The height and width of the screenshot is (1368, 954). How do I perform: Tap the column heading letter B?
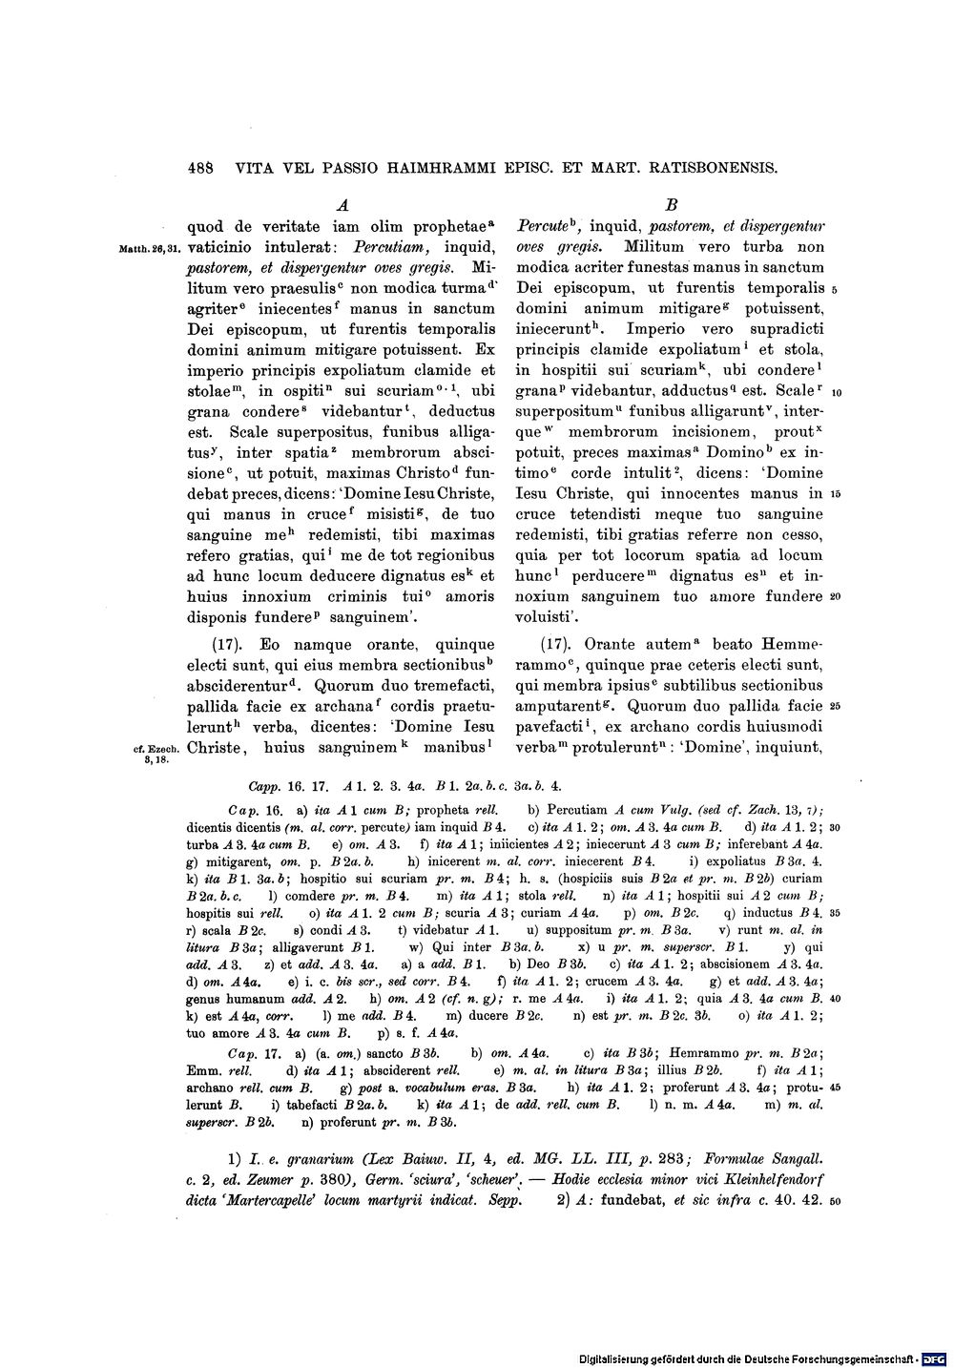(671, 204)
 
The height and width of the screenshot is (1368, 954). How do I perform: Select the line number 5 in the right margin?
(834, 289)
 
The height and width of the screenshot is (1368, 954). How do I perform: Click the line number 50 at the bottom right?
(834, 1200)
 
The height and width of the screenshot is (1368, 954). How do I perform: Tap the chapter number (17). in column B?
(558, 643)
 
